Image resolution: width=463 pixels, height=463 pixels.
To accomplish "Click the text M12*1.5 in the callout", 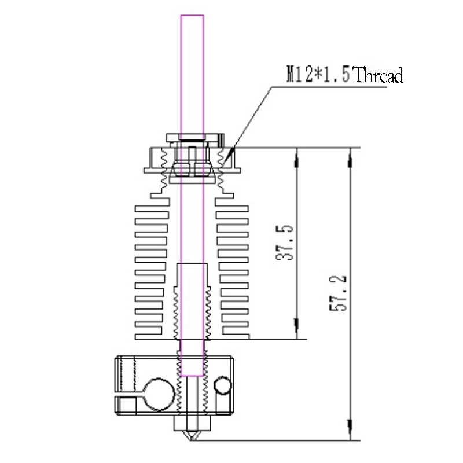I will pyautogui.click(x=319, y=75).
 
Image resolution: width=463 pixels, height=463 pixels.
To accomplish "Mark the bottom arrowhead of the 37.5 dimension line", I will pyautogui.click(x=297, y=330).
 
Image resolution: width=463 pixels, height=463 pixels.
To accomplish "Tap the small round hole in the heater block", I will pyautogui.click(x=221, y=385).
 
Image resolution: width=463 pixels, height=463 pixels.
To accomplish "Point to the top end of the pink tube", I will pyautogui.click(x=192, y=17).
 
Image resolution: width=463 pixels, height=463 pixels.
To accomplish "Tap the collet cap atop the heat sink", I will pyautogui.click(x=192, y=138).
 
